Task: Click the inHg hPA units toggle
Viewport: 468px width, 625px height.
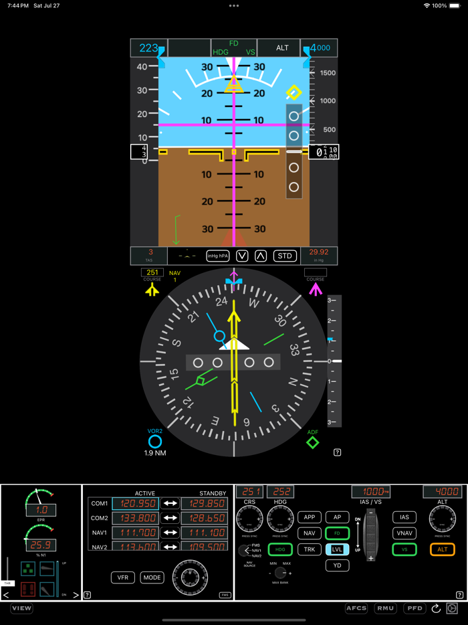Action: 218,256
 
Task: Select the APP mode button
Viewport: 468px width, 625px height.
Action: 310,517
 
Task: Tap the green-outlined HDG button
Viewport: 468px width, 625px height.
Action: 280,549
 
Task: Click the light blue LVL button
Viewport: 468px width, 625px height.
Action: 337,549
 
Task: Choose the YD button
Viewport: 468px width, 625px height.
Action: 337,565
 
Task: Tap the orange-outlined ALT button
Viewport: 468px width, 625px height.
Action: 443,549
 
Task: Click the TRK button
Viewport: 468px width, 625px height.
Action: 310,549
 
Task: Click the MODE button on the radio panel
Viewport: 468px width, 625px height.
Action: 152,577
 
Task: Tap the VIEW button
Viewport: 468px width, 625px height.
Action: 21,608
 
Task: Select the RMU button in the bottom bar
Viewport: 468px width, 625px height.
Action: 385,608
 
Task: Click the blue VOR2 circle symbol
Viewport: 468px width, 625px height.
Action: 155,442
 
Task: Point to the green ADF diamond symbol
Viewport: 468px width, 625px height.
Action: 313,443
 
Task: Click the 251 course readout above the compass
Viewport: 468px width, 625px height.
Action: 152,272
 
